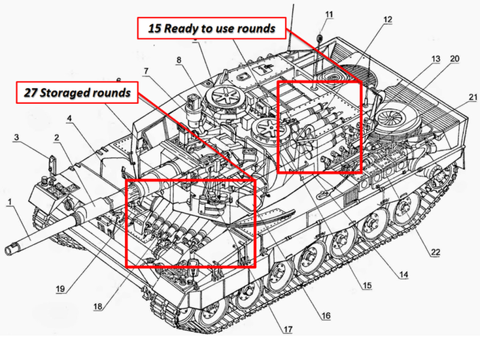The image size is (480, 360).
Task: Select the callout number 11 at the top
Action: tap(328, 14)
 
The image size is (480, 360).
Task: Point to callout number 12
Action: tap(388, 19)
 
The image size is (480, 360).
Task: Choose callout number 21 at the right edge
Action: tap(472, 97)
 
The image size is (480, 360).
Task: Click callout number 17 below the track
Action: tap(289, 329)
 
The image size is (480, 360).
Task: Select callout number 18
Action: tap(97, 306)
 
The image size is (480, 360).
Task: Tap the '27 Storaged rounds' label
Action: tap(77, 93)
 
